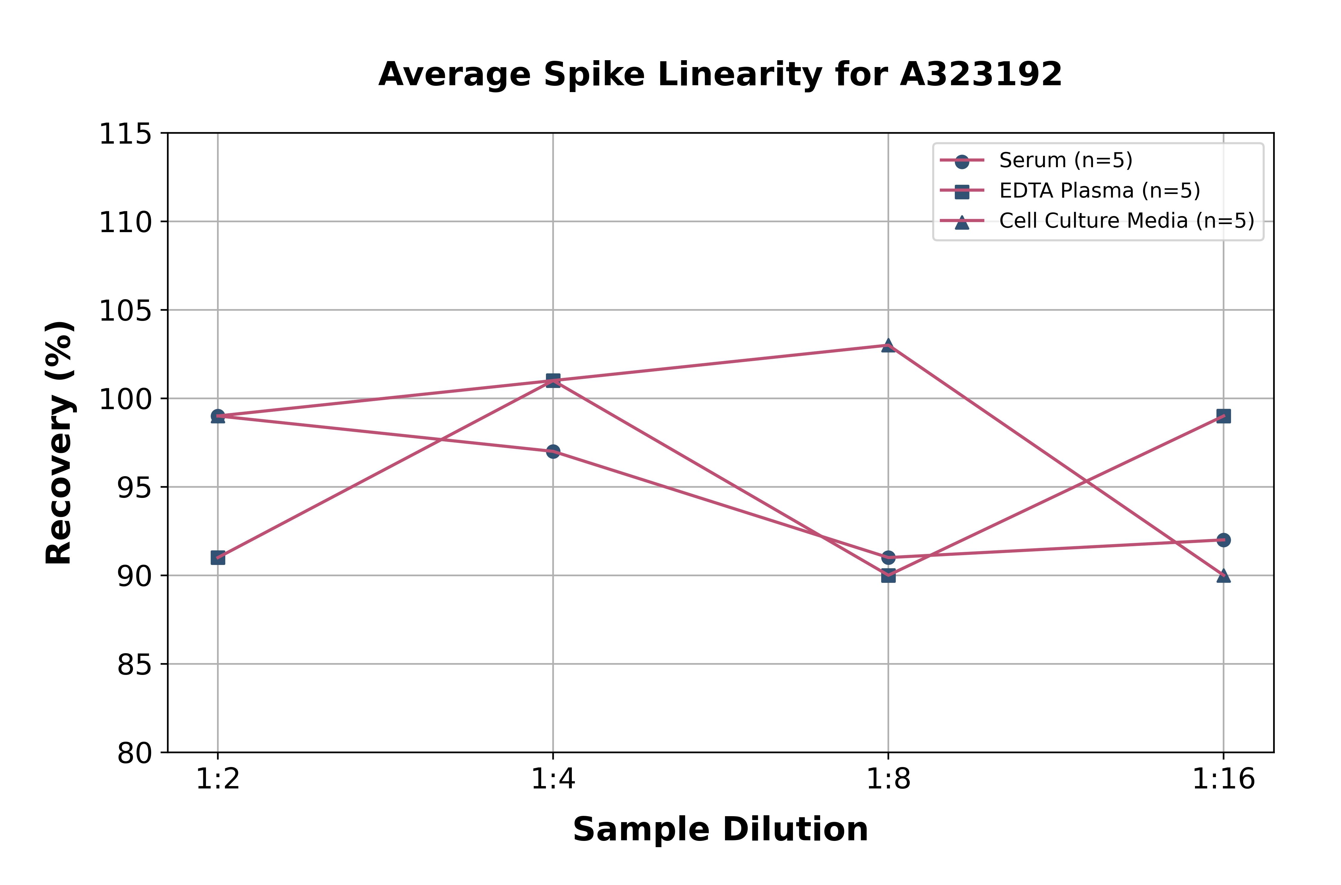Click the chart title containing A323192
(x=720, y=74)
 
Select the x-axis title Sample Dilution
(x=720, y=830)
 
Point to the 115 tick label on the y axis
(x=125, y=134)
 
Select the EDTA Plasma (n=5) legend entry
(x=1099, y=191)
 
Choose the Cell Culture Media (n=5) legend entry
(x=1126, y=221)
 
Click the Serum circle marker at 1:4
(x=553, y=451)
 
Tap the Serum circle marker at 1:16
(x=1224, y=540)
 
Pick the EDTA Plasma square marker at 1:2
(x=218, y=558)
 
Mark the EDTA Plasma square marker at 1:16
(x=1224, y=416)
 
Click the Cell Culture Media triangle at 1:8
(x=888, y=345)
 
